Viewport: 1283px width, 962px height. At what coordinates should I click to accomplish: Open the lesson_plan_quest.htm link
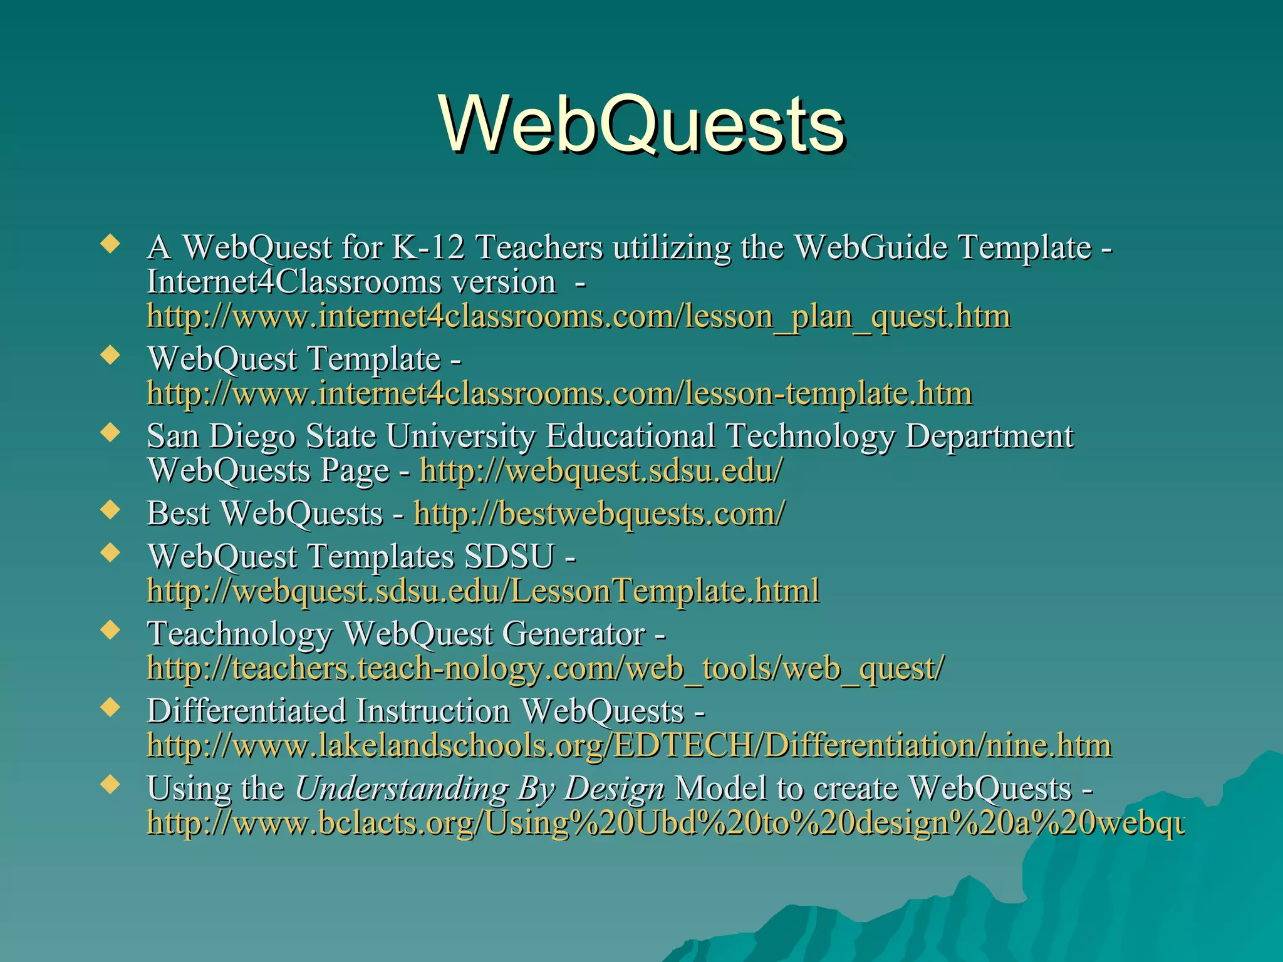578,316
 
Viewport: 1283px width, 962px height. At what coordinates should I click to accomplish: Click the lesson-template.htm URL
559,394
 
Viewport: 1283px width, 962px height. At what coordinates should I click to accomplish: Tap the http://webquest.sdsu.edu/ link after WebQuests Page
601,471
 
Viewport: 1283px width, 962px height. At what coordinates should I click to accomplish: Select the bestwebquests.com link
599,514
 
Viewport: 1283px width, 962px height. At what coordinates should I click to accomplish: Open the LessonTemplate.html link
483,591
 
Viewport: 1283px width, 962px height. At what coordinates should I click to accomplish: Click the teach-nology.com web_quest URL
545,668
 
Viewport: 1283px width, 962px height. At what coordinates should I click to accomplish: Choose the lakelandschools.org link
629,746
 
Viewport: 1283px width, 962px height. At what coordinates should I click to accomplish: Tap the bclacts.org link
665,823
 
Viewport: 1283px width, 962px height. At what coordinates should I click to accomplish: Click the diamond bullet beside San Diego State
111,433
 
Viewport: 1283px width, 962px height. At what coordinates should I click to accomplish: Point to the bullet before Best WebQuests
111,510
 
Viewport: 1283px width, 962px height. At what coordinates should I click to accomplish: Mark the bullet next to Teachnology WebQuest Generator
111,630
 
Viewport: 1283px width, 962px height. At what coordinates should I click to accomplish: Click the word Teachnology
239,634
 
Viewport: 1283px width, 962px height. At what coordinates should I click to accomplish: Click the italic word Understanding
401,789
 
